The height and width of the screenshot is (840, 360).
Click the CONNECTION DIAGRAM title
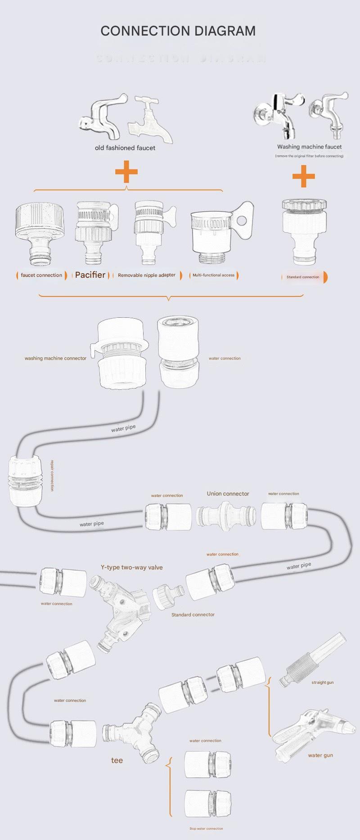[x=178, y=31]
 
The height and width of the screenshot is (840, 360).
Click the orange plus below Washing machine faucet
[x=304, y=176]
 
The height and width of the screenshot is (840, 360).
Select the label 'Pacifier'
[x=90, y=275]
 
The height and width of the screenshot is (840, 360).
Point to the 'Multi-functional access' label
[x=213, y=275]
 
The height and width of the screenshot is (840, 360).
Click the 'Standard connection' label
[x=303, y=277]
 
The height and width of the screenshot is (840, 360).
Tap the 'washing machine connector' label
[x=55, y=358]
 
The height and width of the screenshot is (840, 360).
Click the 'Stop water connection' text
[x=206, y=828]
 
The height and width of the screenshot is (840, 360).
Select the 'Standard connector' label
[x=193, y=614]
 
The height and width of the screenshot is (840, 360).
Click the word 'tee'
[x=117, y=760]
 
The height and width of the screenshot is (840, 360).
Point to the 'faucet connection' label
[x=41, y=275]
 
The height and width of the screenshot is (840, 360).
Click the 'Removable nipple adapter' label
[x=147, y=275]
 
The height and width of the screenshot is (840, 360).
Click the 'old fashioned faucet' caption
[x=125, y=148]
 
